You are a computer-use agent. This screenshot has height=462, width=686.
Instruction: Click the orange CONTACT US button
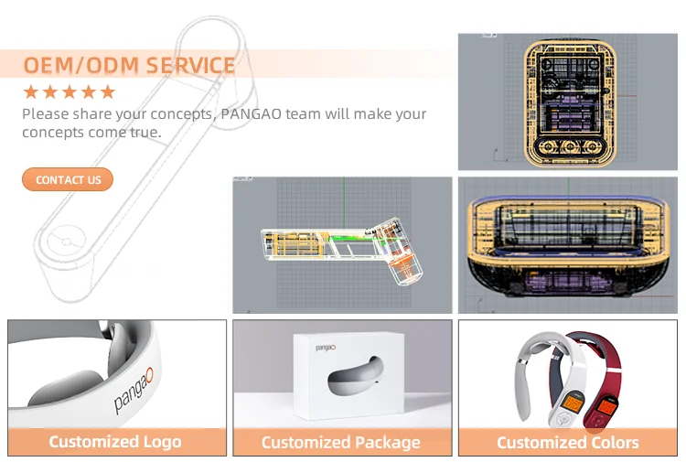coord(68,179)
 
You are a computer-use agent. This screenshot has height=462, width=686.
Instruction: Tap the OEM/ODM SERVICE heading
coord(129,66)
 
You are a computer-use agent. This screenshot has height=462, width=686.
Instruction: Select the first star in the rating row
coord(30,91)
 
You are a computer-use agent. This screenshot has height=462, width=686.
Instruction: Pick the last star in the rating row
coord(108,91)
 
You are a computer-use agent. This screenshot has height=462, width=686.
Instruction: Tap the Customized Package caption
coord(341,442)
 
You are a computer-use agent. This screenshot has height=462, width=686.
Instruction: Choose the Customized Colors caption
coord(567,442)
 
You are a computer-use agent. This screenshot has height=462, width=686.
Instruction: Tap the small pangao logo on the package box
coord(326,348)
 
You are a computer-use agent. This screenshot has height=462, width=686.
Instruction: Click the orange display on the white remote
coord(572,402)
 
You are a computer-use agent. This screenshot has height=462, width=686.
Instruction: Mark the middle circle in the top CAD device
coord(570,146)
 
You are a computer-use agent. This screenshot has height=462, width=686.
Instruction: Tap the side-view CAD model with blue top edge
coord(569,242)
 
